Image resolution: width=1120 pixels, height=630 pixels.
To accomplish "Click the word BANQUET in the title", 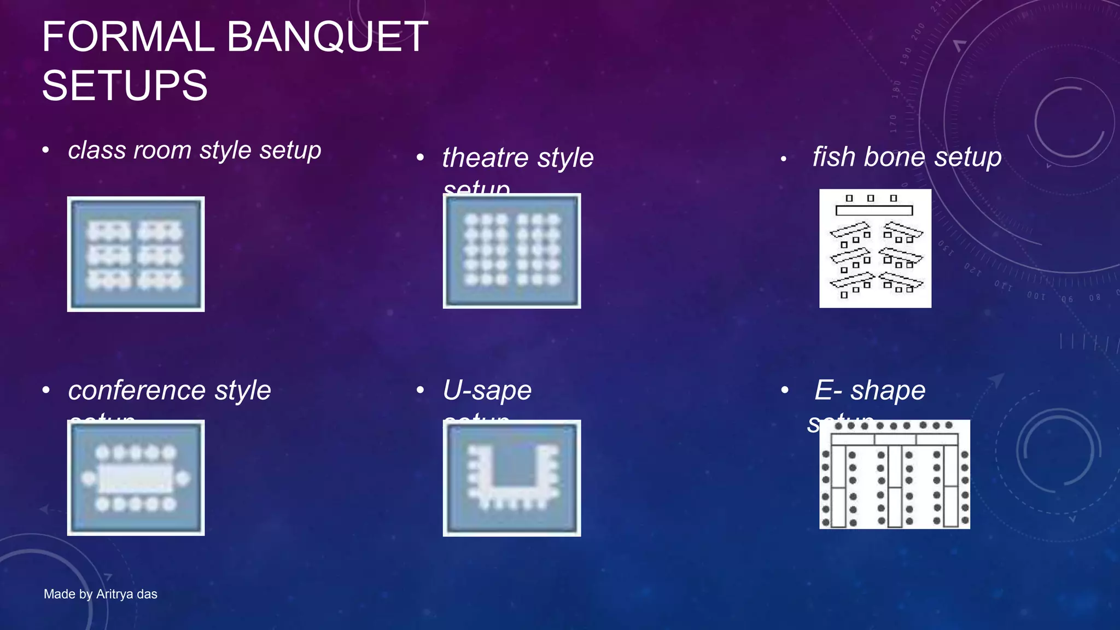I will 327,37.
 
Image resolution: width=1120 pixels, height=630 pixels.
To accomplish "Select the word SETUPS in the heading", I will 125,86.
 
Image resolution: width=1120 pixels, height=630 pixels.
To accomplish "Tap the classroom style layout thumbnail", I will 136,254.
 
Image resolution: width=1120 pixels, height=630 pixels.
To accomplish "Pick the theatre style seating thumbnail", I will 512,251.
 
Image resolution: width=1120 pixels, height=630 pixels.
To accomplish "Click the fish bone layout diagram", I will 875,249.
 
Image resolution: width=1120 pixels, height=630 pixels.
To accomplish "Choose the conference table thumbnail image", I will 136,477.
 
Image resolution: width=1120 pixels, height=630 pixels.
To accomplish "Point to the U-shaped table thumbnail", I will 512,478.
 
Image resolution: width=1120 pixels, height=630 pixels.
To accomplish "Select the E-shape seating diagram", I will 895,474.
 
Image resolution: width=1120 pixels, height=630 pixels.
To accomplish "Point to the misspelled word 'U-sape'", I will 487,390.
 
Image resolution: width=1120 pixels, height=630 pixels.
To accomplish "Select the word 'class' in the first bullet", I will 91,150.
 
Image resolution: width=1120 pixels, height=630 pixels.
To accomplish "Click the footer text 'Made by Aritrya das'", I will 101,594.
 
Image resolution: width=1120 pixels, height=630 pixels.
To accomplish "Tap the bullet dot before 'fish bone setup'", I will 784,159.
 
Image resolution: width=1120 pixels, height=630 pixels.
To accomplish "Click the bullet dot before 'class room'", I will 46,150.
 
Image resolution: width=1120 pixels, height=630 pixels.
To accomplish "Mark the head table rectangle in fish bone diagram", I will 874,211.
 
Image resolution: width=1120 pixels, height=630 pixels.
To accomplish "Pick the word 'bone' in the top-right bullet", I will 895,157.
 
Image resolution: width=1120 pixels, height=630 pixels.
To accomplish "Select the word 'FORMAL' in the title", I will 128,37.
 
